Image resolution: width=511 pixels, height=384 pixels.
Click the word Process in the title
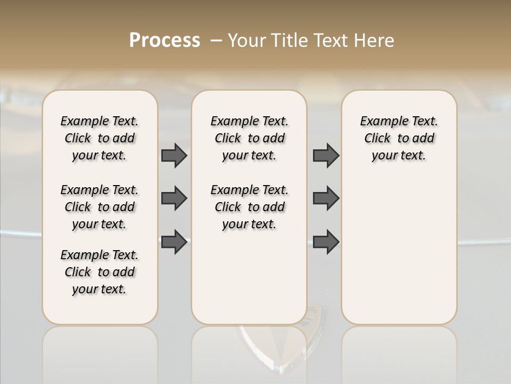(164, 41)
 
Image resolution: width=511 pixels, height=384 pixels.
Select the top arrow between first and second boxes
(174, 155)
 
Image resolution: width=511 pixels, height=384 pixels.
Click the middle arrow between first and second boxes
(174, 198)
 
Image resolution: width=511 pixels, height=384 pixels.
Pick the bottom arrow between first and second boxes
(174, 242)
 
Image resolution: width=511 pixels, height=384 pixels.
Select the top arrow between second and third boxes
(326, 155)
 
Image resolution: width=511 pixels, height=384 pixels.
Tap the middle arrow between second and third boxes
(326, 198)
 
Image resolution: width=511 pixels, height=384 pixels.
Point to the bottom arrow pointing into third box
(326, 242)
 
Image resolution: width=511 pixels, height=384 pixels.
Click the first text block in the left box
(100, 138)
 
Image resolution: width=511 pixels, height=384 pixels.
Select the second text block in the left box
(100, 207)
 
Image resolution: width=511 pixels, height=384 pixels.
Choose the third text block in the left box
(100, 272)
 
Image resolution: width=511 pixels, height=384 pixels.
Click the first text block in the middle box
(249, 138)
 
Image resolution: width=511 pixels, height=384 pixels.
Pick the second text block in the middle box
(249, 207)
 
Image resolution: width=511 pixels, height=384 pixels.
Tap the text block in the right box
(399, 138)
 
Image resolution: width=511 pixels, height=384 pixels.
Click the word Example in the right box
(380, 121)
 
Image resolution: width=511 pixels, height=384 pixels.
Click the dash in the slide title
(217, 41)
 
